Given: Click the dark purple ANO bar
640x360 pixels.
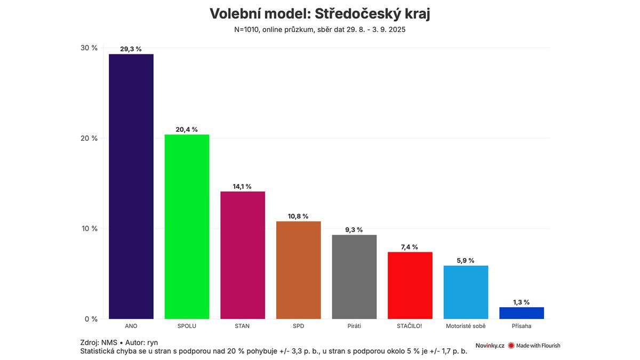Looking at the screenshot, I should [x=131, y=187].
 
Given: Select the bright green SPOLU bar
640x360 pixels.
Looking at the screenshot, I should [x=187, y=227].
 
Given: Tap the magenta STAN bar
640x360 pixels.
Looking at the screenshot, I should [x=243, y=255].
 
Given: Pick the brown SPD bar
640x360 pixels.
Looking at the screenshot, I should [x=298, y=270].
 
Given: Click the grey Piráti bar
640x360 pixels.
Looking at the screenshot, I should [x=354, y=277].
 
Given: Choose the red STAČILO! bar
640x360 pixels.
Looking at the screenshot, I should [x=410, y=285].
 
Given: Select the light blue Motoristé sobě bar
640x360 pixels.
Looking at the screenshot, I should [x=466, y=292].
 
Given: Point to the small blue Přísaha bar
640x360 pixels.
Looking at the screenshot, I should [x=521, y=313].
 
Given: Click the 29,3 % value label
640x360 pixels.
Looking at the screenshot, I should [x=131, y=49].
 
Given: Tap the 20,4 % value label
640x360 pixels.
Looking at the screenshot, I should [x=187, y=130].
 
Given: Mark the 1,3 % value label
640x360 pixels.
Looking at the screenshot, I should [x=521, y=302].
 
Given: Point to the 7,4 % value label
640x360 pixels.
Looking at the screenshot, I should [x=410, y=247].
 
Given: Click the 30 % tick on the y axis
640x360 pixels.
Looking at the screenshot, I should [x=89, y=48].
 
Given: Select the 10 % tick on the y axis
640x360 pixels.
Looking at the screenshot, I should [x=89, y=229].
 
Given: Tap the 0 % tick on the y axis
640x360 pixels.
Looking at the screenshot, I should [x=91, y=319].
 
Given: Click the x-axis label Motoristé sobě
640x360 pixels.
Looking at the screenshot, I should [x=466, y=326].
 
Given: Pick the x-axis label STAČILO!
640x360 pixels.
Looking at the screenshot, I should [x=410, y=326].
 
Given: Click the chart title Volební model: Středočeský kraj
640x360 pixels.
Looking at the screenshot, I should [x=320, y=14].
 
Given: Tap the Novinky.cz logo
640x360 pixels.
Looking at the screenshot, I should [x=490, y=346].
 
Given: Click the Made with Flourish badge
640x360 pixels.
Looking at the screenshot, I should [x=534, y=346].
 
